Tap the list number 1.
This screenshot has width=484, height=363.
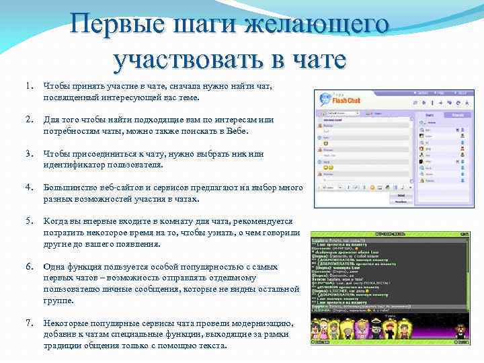(29, 86)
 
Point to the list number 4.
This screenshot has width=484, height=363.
(29, 188)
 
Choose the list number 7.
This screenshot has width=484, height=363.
(29, 323)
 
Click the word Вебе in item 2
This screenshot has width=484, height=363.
(239, 132)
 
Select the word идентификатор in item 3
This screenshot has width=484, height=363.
(75, 165)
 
